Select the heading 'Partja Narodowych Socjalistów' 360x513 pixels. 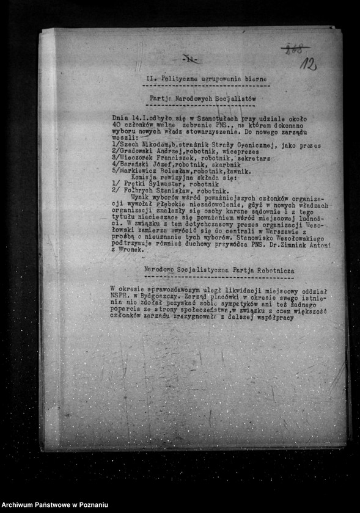tap(202, 98)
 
